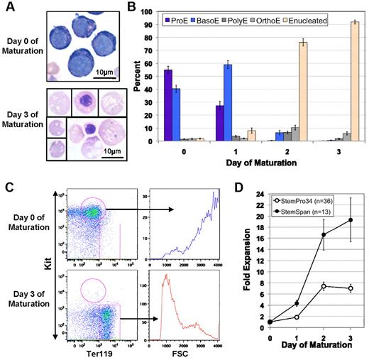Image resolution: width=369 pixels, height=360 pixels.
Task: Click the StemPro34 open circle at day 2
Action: (x=323, y=286)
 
